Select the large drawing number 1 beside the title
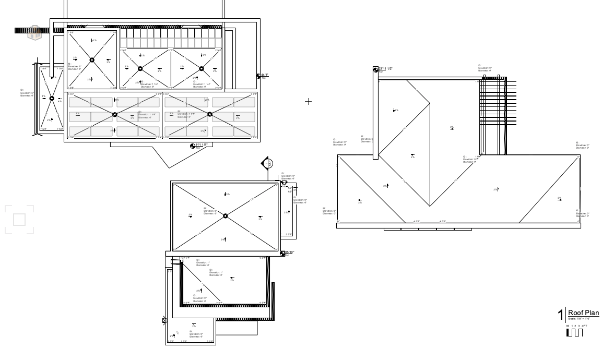point(561,315)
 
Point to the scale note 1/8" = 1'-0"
point(579,319)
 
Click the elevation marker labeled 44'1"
point(259,76)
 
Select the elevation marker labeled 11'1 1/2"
point(193,146)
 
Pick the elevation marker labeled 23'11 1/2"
point(375,69)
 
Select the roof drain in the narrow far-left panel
point(52,98)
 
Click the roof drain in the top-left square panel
point(92,60)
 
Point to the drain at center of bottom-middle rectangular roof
point(225,215)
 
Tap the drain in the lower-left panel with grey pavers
point(113,114)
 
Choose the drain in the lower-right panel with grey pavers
point(210,114)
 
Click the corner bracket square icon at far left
point(19,219)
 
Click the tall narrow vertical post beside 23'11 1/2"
point(375,115)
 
